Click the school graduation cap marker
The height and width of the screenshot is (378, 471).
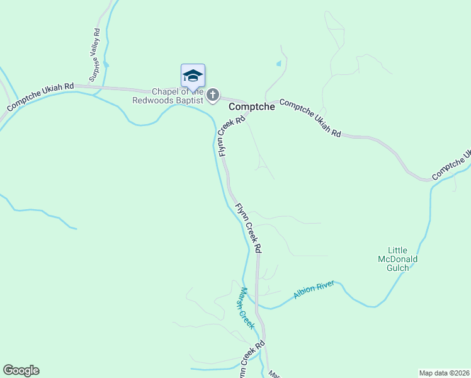193,77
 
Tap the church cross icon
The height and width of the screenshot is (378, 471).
213,95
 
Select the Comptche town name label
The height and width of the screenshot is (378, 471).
252,107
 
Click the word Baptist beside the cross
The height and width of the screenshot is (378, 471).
190,100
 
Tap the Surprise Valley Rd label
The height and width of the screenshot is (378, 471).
95,55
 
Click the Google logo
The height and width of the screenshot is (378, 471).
21,370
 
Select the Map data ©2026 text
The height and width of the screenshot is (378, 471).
443,373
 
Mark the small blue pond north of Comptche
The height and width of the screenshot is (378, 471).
278,64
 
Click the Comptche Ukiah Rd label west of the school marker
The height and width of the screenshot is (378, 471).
40,98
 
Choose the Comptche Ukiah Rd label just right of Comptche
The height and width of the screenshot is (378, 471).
310,118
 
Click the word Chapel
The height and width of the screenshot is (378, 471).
165,91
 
